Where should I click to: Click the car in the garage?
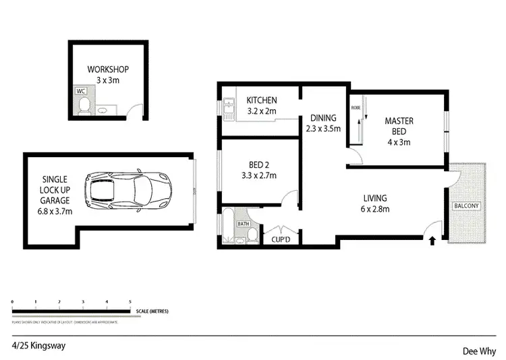128,192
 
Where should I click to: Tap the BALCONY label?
466,206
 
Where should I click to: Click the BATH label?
243,223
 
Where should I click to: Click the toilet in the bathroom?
251,234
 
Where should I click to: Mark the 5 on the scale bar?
130,302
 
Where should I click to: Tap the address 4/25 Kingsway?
38,345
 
